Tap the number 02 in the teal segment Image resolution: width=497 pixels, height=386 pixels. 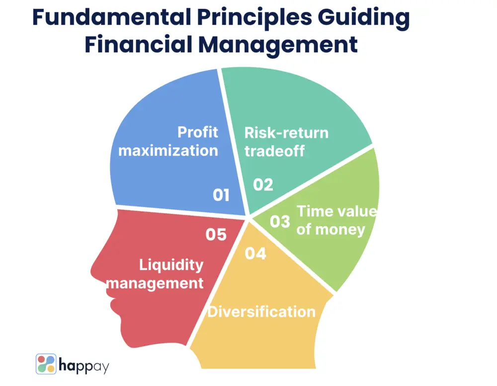click(x=263, y=185)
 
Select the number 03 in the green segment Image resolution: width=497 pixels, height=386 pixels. click(x=280, y=221)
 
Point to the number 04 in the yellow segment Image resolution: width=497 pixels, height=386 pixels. click(x=256, y=254)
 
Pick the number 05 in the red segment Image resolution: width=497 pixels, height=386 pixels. click(x=216, y=234)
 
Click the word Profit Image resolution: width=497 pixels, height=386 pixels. click(x=198, y=132)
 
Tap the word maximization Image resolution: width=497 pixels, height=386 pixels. click(x=168, y=150)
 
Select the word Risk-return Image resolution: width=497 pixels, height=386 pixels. click(x=286, y=133)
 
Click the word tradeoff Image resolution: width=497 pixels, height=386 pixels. click(x=274, y=151)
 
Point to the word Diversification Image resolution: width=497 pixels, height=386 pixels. click(x=261, y=312)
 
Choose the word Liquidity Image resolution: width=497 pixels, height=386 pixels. click(x=171, y=265)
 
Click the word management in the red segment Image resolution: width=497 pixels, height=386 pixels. click(x=156, y=283)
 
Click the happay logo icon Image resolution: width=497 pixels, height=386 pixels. click(x=46, y=364)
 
